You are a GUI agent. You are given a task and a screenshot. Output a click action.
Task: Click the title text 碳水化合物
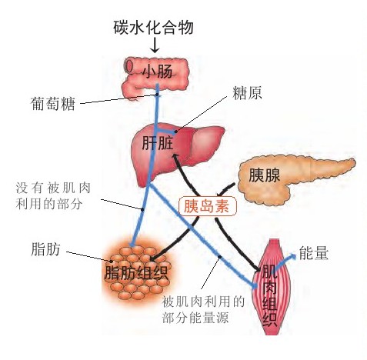pos(153,28)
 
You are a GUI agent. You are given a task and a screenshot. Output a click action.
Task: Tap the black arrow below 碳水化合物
pos(155,45)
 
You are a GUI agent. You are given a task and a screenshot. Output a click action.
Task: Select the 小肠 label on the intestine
pos(158,71)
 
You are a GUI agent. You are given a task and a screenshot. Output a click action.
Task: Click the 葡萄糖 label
pos(52,104)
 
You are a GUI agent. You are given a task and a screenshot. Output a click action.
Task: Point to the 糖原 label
pos(247,93)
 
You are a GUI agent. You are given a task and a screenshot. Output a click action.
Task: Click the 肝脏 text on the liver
pos(158,143)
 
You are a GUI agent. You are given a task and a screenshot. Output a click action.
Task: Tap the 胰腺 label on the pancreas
pos(264,175)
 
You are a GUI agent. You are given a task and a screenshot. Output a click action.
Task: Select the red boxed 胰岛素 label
pos(207,206)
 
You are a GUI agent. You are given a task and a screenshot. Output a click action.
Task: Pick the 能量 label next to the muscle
pos(314,253)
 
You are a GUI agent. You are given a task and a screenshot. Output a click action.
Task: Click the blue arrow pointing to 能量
pos(285,261)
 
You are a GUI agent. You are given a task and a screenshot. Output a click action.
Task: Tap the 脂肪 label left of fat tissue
pos(45,249)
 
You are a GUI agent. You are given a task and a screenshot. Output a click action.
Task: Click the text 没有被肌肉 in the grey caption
pos(53,188)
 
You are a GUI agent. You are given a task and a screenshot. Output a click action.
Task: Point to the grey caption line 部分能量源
pos(195,318)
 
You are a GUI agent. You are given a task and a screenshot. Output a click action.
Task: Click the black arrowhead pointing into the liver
pos(175,158)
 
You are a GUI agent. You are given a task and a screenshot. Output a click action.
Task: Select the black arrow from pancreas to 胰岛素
pos(225,190)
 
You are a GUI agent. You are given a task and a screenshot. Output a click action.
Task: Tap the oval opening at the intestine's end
pos(130,67)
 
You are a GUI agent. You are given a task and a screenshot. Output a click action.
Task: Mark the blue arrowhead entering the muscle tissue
pos(254,285)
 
